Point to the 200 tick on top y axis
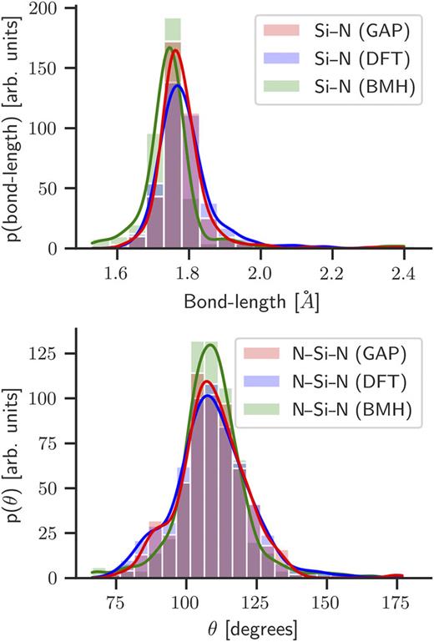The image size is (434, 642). click(53, 8)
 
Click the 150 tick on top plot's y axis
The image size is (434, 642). click(53, 68)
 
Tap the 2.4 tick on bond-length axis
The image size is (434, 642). click(404, 270)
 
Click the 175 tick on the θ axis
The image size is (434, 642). click(397, 599)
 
